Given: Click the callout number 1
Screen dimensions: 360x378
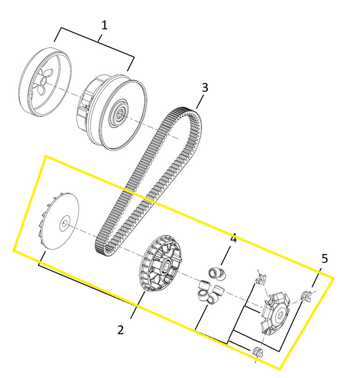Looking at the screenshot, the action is pos(104,26).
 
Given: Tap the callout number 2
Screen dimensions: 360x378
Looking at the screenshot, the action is pos(121,330).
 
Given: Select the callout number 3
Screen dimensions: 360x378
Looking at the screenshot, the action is pos(205,88).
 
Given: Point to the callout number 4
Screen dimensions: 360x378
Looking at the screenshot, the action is pos(233,239).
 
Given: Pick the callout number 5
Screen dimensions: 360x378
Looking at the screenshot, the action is pos(325,258).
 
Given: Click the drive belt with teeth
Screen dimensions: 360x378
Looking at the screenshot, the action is pos(148,181).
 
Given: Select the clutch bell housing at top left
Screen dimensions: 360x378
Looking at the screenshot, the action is pos(45,82).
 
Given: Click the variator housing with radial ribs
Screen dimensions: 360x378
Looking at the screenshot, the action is pos(160,263).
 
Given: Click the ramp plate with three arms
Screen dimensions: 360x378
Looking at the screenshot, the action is pos(276,313).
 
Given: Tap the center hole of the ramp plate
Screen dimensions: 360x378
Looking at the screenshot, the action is pos(280,315).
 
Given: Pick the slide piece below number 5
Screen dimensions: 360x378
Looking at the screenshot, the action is pos(306,296).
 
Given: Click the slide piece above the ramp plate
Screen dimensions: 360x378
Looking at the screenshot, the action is pos(261,278).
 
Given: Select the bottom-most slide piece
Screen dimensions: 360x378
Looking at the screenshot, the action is pos(257,352).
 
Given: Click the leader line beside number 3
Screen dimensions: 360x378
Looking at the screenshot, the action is pos(200,102).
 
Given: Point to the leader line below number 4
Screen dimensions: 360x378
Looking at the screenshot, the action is pos(225,256).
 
